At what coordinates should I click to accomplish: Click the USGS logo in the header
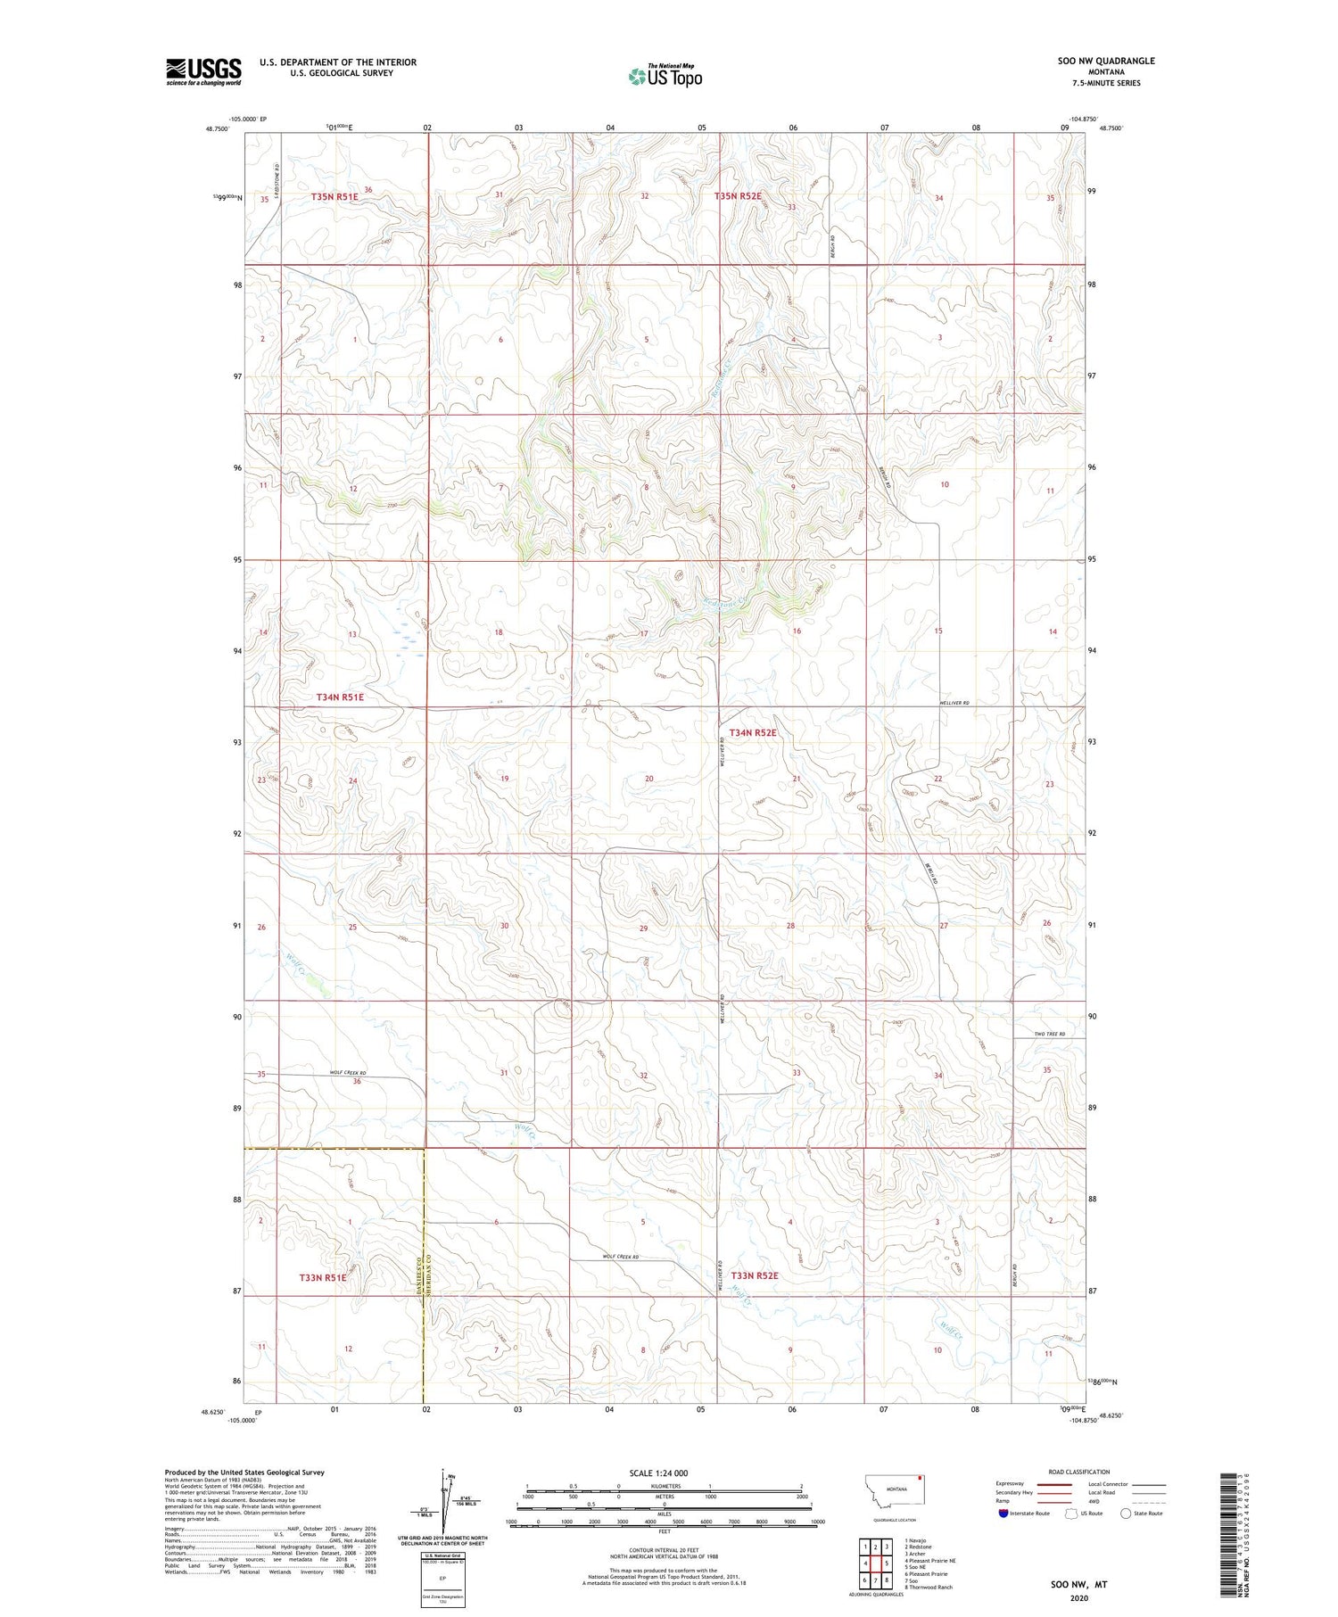(203, 71)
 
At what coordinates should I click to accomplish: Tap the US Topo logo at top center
(665, 77)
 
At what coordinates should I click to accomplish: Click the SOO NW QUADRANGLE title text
(1105, 61)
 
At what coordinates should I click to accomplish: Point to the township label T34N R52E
(753, 732)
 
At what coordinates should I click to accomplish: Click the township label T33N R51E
(322, 1277)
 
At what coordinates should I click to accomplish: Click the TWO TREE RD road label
(1049, 1034)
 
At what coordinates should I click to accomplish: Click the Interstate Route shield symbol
(1003, 1514)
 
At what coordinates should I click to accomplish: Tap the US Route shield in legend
(1071, 1514)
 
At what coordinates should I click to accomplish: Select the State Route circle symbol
(1126, 1514)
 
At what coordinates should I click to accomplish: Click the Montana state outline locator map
(896, 1489)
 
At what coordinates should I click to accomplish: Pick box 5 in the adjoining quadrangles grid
(887, 1563)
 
